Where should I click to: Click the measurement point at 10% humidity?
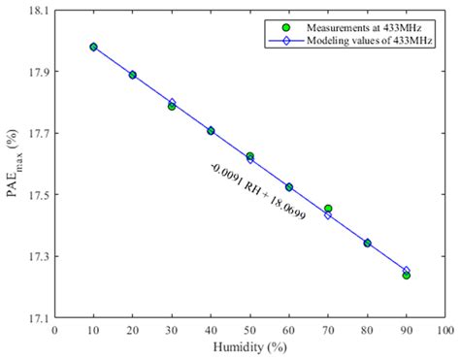coord(93,47)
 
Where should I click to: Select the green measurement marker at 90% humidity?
coord(406,276)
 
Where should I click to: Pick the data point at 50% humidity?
coord(249,156)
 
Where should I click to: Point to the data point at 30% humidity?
coord(172,106)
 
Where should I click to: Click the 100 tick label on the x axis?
coord(444,330)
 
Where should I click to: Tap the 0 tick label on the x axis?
coord(55,330)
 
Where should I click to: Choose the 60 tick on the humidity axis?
coord(288,330)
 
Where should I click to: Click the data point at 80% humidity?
coord(367,243)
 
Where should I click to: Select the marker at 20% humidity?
coord(133,75)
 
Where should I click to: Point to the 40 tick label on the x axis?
coord(211,330)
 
